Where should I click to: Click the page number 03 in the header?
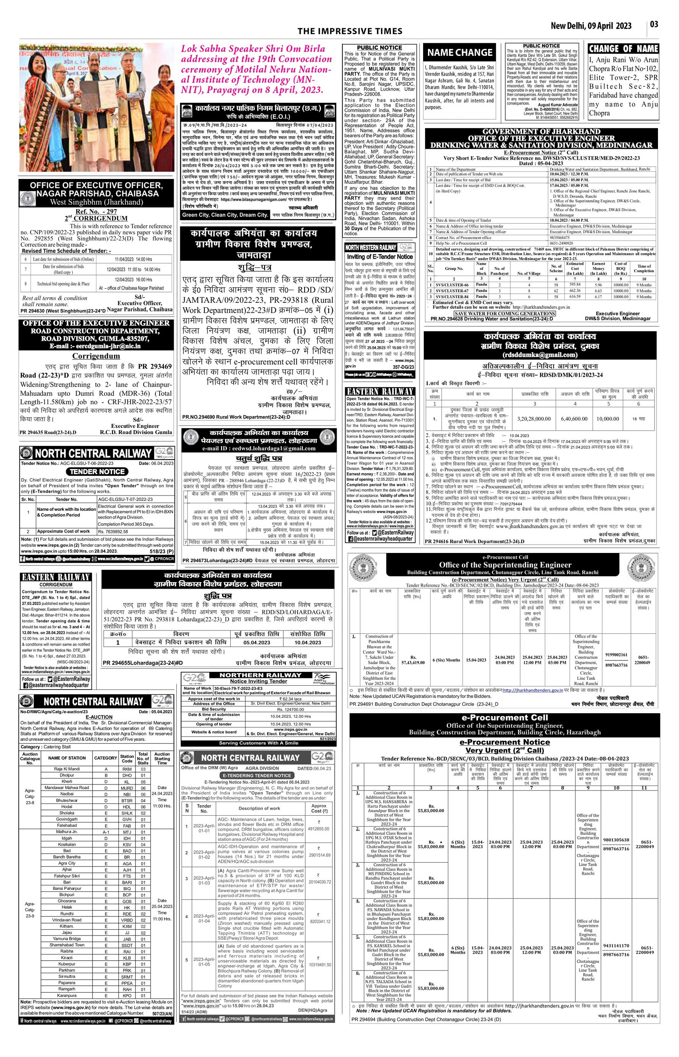tap(654, 24)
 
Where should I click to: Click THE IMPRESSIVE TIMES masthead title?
tap(350, 31)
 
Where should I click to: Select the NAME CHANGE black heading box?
tap(460, 53)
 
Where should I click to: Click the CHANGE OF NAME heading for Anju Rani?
tap(623, 49)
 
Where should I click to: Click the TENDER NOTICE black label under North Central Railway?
tap(97, 471)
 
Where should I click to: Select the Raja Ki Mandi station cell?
tap(67, 769)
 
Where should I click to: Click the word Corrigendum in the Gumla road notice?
tap(96, 356)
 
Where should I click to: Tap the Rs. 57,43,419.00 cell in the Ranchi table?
tap(413, 660)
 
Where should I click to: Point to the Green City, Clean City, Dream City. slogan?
tap(225, 215)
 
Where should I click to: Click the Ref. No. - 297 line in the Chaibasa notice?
tap(96, 211)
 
